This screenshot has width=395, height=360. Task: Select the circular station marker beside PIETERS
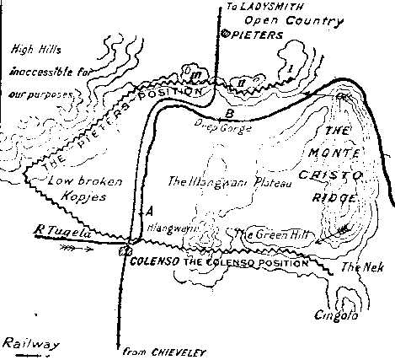click(x=224, y=34)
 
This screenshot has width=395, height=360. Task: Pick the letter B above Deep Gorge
click(x=228, y=112)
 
